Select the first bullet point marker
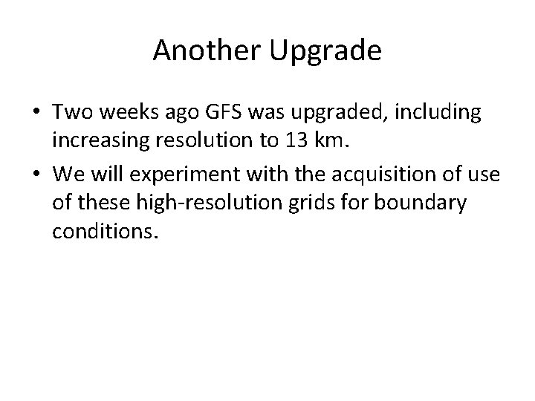tap(36, 114)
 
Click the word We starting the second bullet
tap(66, 174)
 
